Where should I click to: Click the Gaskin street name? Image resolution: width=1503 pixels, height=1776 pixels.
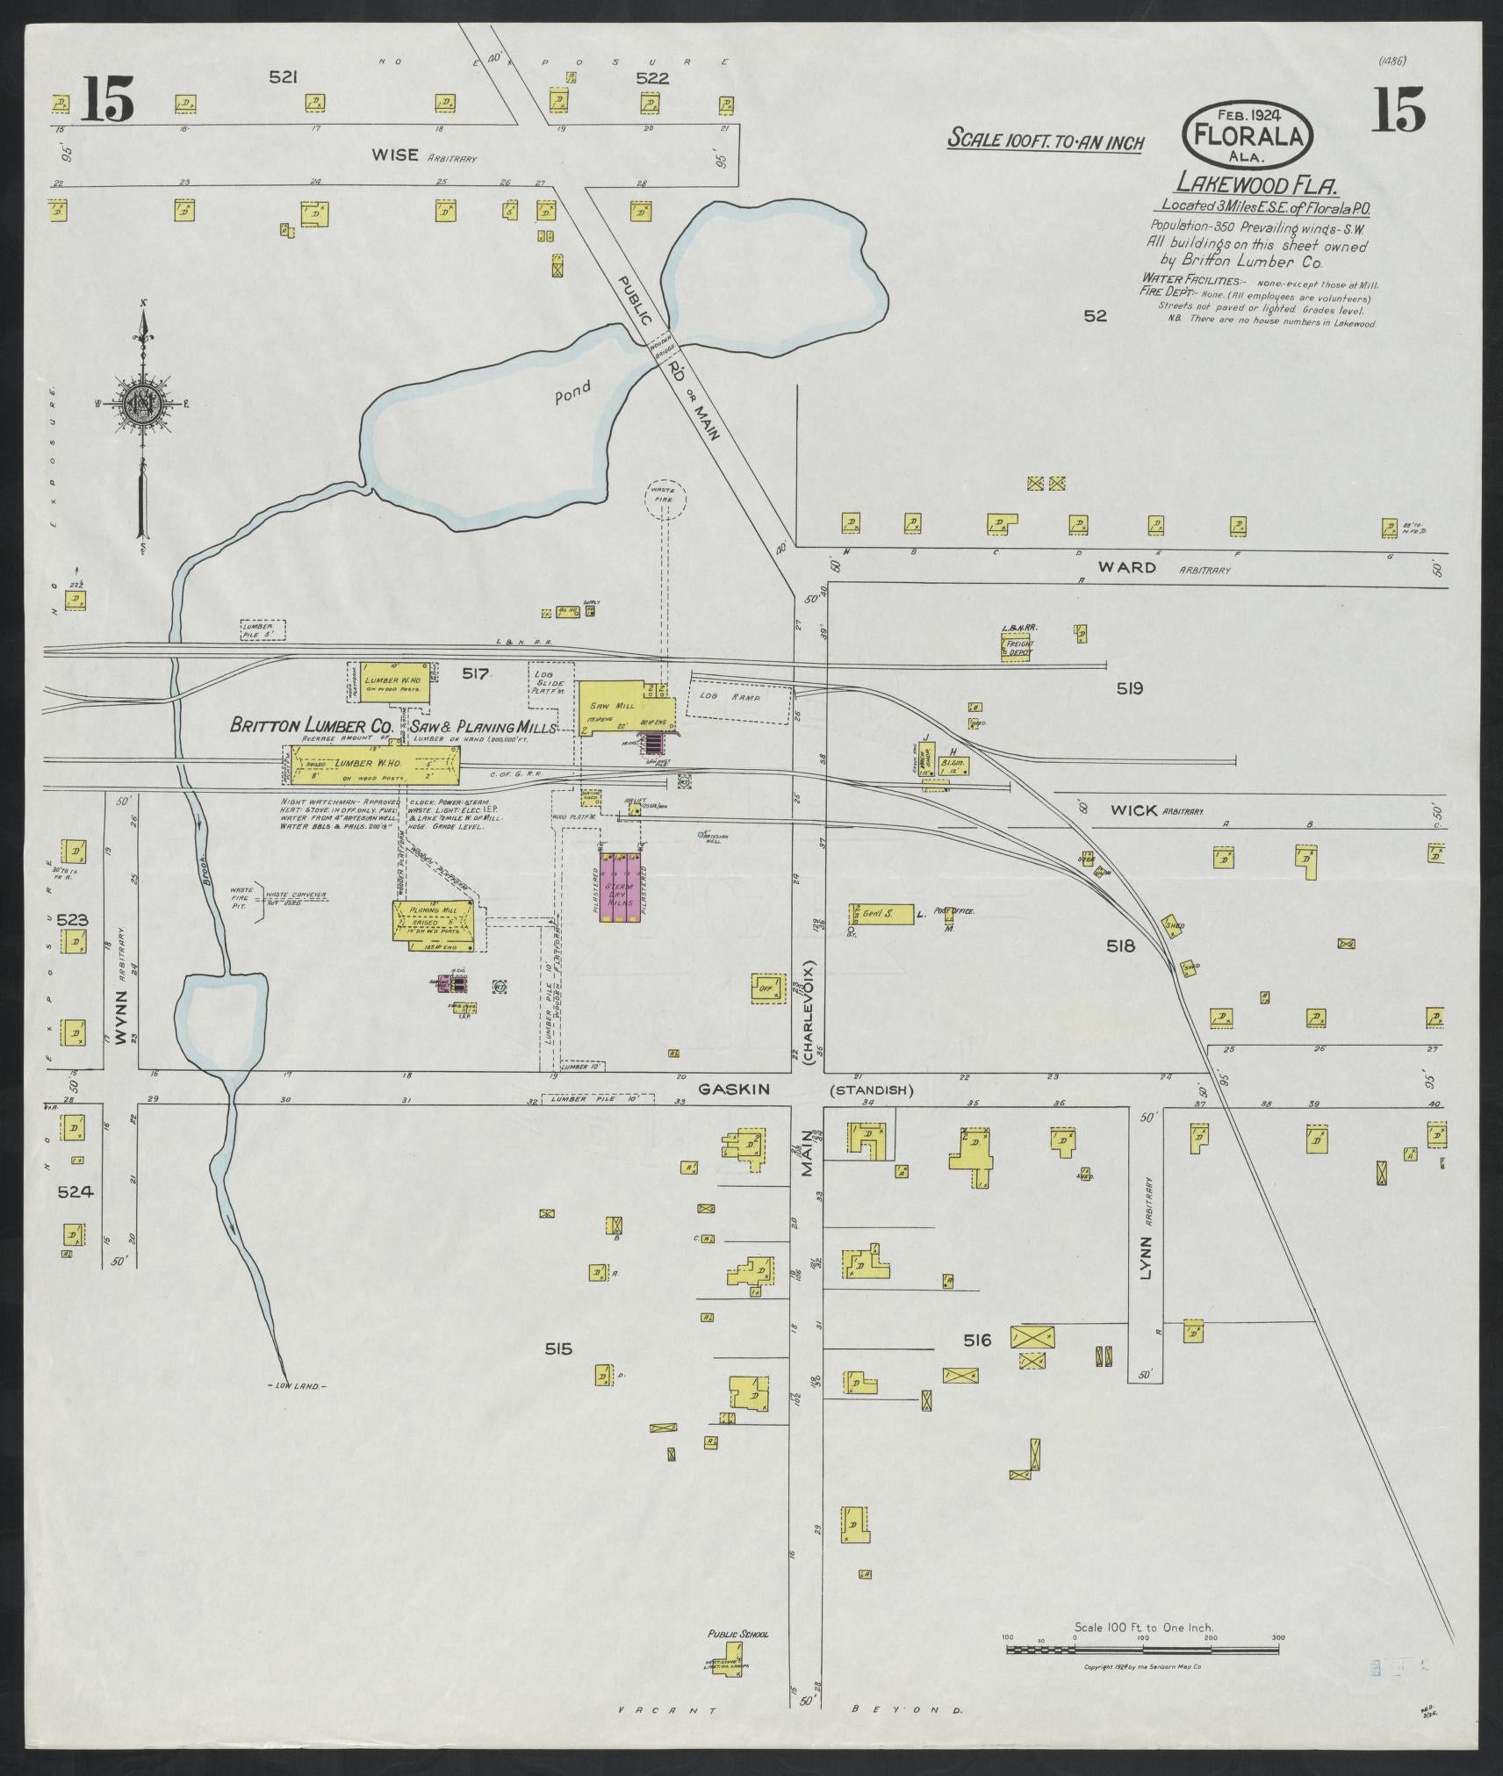tap(734, 1089)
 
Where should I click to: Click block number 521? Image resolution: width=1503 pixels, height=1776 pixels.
tap(283, 77)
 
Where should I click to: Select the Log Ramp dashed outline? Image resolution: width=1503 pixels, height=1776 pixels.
tap(740, 701)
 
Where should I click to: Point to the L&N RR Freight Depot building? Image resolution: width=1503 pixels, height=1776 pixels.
tap(1019, 648)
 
